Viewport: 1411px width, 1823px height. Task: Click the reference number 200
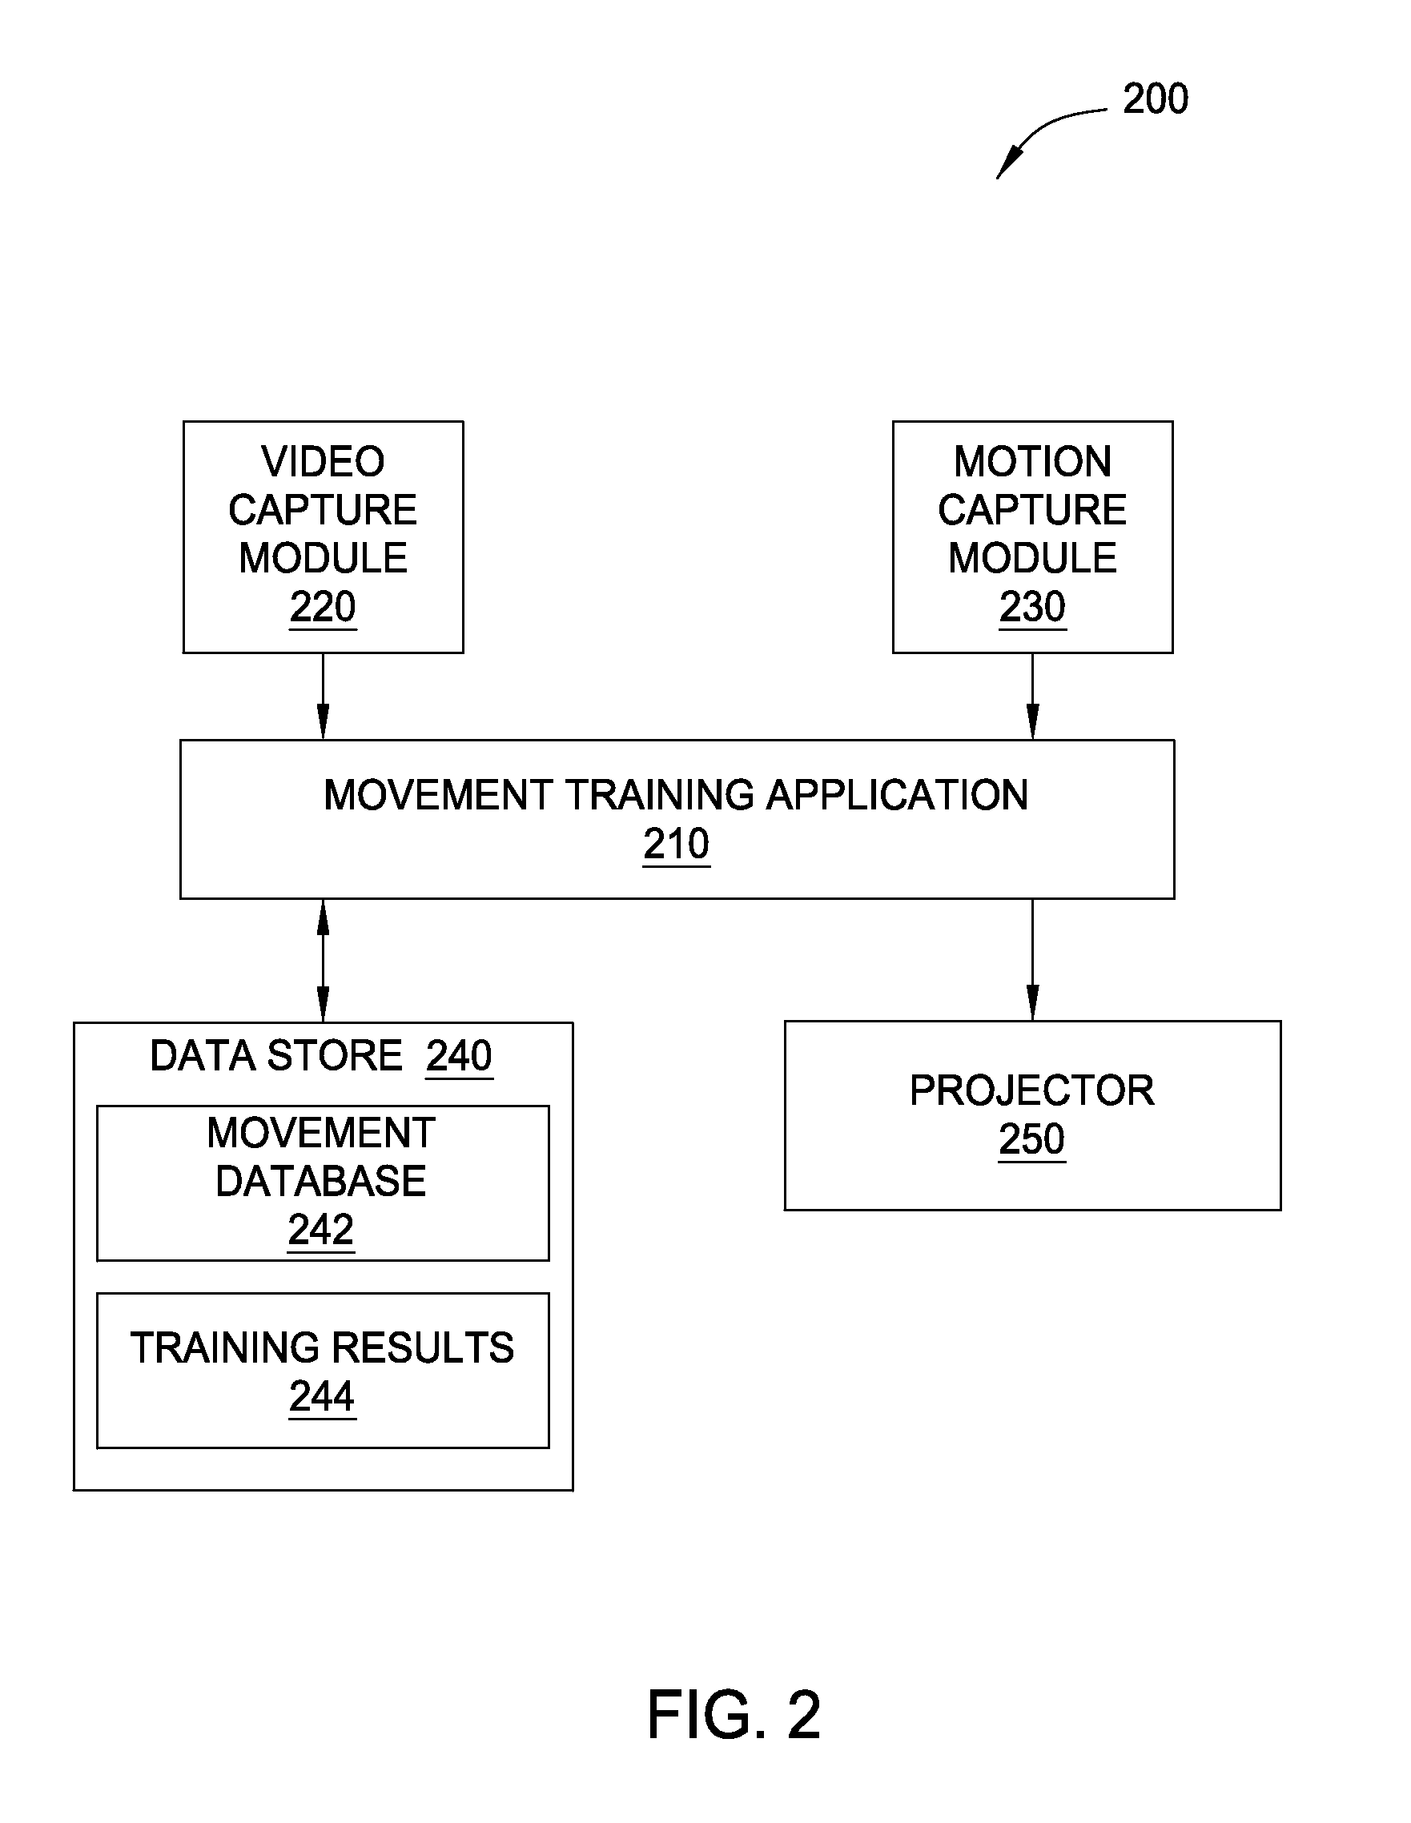[1155, 98]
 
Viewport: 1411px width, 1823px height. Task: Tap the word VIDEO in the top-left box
[322, 462]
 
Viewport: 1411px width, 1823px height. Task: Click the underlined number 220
[322, 607]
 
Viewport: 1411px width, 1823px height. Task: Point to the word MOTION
[1032, 462]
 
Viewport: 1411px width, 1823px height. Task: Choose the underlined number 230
[1032, 607]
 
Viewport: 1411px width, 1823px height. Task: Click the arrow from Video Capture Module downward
[323, 697]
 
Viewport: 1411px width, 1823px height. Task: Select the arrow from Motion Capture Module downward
[1033, 697]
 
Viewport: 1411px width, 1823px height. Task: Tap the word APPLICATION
[897, 795]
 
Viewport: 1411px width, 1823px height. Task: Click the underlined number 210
[677, 844]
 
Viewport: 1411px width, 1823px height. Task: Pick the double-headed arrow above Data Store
[323, 961]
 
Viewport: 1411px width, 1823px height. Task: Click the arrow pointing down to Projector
[1033, 960]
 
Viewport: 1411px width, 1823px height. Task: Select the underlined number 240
[459, 1056]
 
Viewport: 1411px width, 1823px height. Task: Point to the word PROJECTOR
[1032, 1090]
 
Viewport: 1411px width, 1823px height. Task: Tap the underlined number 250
[1032, 1139]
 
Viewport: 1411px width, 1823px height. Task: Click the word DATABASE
[320, 1181]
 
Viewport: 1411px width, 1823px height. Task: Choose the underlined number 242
[320, 1230]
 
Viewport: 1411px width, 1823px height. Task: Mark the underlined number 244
[322, 1396]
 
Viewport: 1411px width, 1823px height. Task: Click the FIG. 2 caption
[734, 1716]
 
